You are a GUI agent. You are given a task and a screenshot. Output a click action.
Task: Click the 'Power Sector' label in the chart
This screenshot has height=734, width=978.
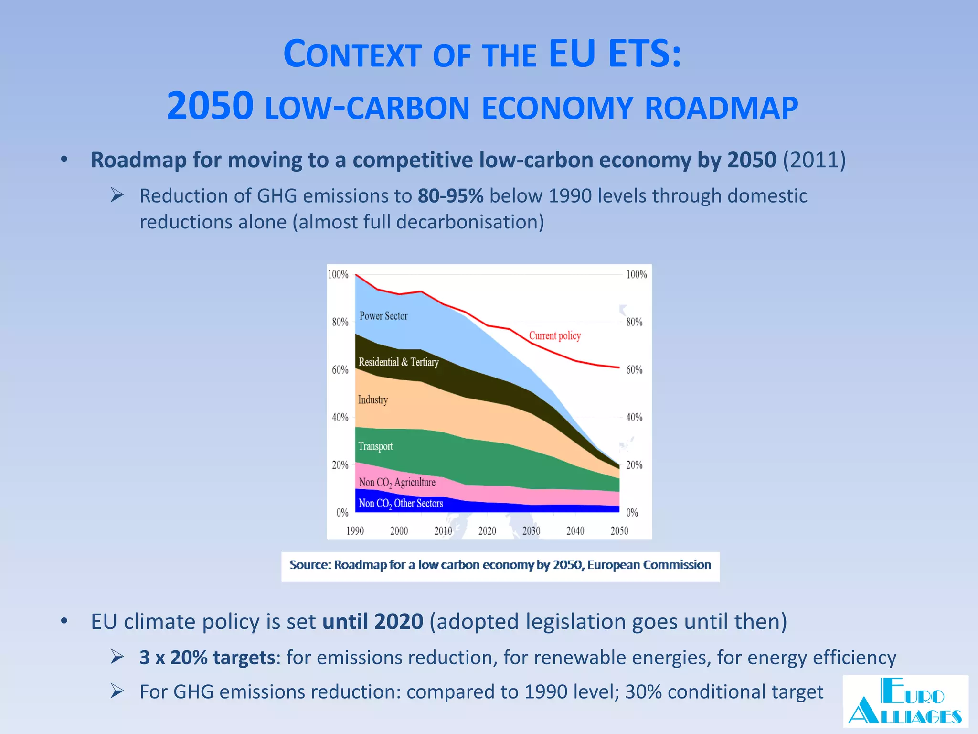point(383,316)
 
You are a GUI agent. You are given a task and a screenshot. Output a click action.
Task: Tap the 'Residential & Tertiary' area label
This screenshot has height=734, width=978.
point(398,362)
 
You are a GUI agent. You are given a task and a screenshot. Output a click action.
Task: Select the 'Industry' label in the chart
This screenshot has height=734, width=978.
point(373,399)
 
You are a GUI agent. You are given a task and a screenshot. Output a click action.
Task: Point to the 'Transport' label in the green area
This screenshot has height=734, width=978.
point(375,446)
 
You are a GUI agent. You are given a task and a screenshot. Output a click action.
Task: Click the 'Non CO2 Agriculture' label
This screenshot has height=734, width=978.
point(397,482)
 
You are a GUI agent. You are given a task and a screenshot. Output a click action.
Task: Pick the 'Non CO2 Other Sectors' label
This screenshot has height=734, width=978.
point(401,503)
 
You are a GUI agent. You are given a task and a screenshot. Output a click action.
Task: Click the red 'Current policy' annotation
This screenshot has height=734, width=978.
point(554,335)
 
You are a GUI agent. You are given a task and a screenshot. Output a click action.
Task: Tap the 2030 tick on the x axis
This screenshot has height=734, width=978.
point(531,530)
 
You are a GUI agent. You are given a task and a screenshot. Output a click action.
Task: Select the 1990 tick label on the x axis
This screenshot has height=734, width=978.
point(355,530)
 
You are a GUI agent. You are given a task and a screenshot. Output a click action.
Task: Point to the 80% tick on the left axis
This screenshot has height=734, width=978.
point(340,322)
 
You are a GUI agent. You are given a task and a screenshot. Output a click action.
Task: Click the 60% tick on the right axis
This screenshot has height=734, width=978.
point(634,369)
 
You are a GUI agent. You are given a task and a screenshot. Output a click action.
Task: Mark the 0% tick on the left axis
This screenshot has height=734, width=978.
point(342,513)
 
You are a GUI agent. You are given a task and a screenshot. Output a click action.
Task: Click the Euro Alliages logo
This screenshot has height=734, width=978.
point(905,701)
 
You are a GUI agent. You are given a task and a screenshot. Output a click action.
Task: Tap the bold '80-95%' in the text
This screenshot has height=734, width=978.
point(450,196)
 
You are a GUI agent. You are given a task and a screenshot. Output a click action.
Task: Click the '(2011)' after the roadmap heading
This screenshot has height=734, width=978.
point(814,160)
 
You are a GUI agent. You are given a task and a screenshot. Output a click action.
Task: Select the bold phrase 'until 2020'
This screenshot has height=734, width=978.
point(372,622)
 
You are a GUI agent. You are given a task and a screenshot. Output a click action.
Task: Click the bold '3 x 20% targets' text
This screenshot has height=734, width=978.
point(207,658)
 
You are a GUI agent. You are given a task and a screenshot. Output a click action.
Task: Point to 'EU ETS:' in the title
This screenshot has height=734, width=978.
point(615,53)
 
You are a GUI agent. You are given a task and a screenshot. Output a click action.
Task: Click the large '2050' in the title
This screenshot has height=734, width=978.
point(210,106)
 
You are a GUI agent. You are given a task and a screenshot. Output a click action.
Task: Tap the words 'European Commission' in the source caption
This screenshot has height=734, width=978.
point(649,565)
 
